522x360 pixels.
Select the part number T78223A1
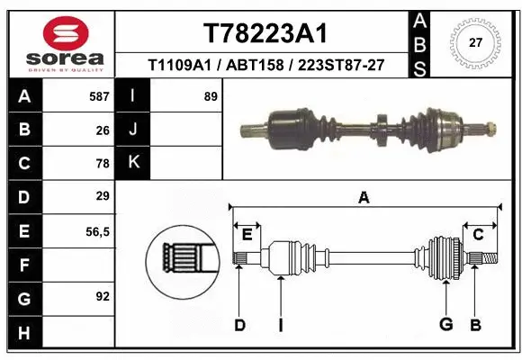coord(265,33)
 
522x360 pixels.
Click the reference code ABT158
coord(249,65)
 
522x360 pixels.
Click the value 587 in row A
coord(99,95)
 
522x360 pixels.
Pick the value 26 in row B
coord(103,130)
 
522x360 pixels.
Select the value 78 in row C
coord(103,164)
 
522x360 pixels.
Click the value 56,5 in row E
coord(98,231)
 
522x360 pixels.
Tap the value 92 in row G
coord(103,296)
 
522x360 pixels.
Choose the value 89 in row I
coord(211,95)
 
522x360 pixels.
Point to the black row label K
coord(134,163)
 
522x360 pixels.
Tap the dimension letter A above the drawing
coord(364,198)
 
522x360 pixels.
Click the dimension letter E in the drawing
coord(247,235)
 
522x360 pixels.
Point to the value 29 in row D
coord(103,196)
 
